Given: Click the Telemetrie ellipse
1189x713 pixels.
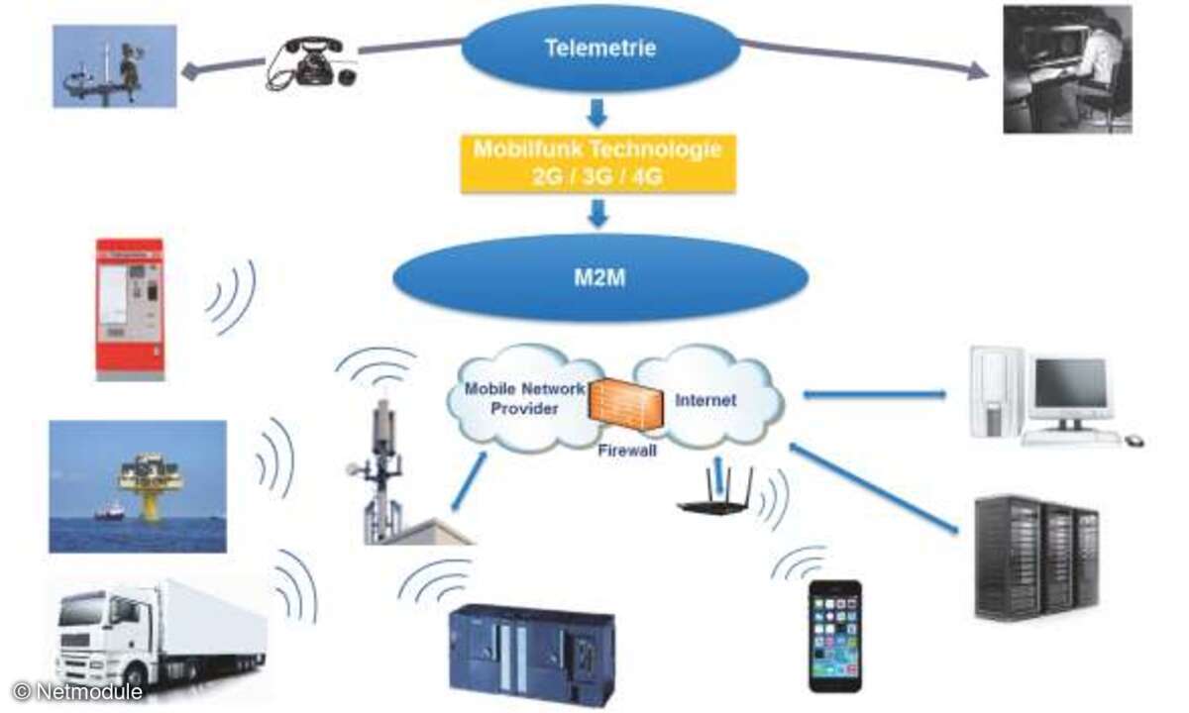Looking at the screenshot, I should tap(600, 47).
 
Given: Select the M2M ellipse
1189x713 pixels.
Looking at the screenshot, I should tap(600, 277).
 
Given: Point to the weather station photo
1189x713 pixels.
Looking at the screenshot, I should tap(115, 65).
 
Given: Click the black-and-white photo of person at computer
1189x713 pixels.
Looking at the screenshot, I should tap(1067, 68).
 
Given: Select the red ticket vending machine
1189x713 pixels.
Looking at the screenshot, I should tap(129, 308).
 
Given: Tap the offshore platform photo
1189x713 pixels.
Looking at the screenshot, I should tap(138, 485).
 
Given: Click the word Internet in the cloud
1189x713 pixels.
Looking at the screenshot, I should tap(705, 401).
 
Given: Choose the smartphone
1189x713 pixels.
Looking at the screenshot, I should tap(834, 635).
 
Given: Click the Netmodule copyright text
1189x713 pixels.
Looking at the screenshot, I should tap(79, 691).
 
